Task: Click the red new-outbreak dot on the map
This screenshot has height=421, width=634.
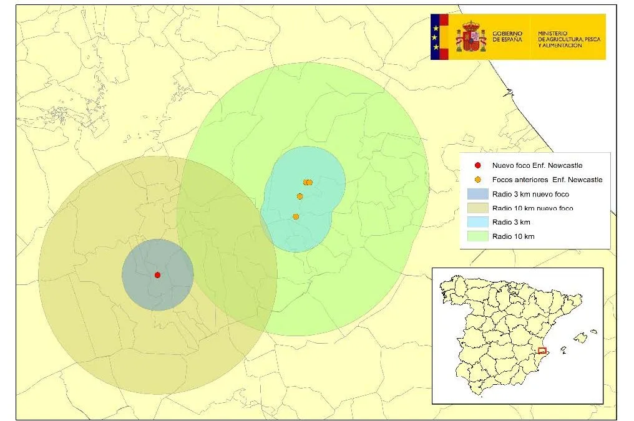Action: click(x=157, y=274)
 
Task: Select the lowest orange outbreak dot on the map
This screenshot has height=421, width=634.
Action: click(x=296, y=216)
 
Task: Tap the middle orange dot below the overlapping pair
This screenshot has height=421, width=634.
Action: click(x=300, y=196)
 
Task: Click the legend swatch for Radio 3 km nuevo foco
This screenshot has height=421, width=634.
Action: click(x=477, y=194)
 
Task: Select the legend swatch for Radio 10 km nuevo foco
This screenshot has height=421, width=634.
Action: click(x=477, y=208)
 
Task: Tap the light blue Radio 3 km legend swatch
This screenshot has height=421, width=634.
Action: click(x=477, y=222)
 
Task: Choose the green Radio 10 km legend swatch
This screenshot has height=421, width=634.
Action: click(x=477, y=236)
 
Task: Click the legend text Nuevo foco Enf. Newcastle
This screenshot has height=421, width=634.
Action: click(x=537, y=166)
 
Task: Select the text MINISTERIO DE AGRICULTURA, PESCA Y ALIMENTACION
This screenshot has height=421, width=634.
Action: click(x=568, y=37)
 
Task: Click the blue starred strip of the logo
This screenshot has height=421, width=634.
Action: click(x=435, y=37)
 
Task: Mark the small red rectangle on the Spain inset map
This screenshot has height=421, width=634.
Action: click(x=542, y=351)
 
